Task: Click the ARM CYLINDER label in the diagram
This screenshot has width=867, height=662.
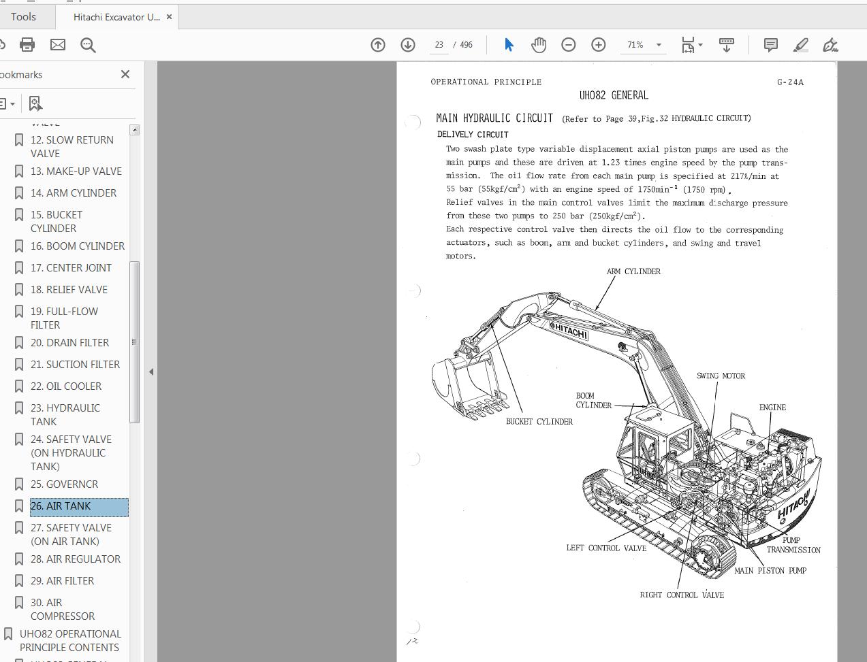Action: pyautogui.click(x=633, y=271)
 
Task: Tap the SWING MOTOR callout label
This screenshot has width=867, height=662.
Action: pyautogui.click(x=721, y=376)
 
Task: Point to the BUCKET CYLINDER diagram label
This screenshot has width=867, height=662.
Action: pyautogui.click(x=539, y=422)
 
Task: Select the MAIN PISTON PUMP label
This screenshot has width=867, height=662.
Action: pyautogui.click(x=770, y=571)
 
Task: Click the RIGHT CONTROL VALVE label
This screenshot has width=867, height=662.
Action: pyautogui.click(x=682, y=595)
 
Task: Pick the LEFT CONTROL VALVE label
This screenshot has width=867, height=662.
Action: pyautogui.click(x=606, y=548)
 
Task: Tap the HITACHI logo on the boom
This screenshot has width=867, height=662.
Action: pyautogui.click(x=569, y=331)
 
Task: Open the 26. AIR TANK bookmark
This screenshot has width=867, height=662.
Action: pyautogui.click(x=61, y=506)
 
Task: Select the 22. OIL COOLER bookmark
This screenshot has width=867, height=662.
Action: pyautogui.click(x=66, y=386)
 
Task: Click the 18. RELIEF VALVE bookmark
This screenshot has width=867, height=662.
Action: pyautogui.click(x=69, y=290)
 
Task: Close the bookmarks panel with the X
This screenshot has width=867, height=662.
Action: pyautogui.click(x=125, y=74)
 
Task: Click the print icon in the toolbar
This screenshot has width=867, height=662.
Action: pyautogui.click(x=27, y=45)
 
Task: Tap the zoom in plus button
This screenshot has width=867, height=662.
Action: pyautogui.click(x=598, y=45)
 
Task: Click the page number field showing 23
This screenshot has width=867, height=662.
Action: pyautogui.click(x=439, y=45)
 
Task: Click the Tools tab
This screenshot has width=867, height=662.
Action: pyautogui.click(x=23, y=16)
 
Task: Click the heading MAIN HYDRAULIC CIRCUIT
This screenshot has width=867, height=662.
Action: pyautogui.click(x=494, y=118)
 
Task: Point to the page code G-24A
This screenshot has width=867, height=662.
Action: pyautogui.click(x=790, y=82)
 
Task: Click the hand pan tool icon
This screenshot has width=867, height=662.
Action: pyautogui.click(x=539, y=45)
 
